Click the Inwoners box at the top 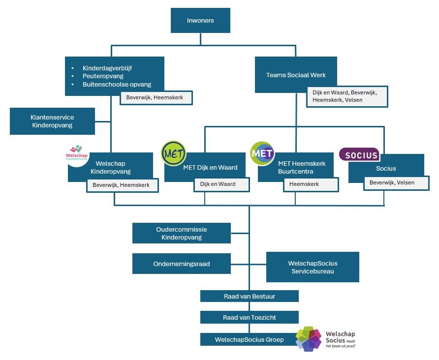point(200,21)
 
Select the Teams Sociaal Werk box point(296,75)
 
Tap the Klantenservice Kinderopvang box point(52,121)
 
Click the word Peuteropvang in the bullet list point(103,76)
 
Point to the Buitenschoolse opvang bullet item point(117,85)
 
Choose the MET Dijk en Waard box point(210,167)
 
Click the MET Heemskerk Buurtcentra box point(302,167)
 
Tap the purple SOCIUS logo point(359,154)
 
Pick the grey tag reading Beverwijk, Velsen point(392,182)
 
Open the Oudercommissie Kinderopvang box point(181,233)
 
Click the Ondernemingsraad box point(181,264)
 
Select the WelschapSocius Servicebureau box point(313,267)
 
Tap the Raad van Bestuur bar point(249,296)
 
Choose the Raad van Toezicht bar point(249,317)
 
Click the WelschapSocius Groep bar point(249,339)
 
